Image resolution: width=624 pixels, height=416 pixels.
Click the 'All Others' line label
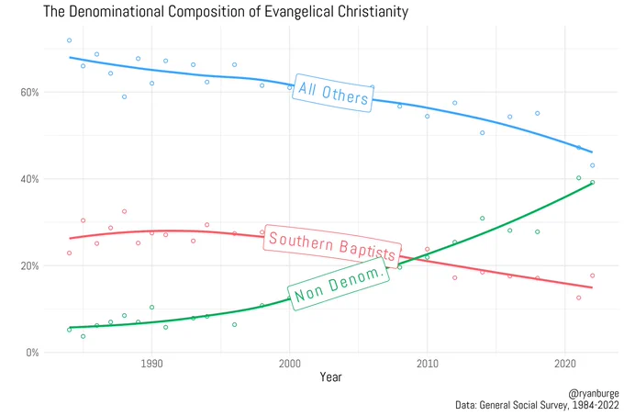tap(333, 93)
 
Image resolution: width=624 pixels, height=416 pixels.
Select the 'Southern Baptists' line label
tap(332, 246)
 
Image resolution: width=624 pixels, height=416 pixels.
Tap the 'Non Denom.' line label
tap(339, 284)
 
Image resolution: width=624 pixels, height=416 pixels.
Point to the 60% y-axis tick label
tap(29, 93)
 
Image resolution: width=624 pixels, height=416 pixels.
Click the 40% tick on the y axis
tap(29, 179)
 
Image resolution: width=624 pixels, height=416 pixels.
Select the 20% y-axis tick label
tap(29, 266)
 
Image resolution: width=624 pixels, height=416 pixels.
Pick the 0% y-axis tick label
tap(32, 353)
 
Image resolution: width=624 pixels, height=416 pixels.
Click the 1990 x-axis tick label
tap(151, 364)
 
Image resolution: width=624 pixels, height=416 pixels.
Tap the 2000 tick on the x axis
tap(290, 364)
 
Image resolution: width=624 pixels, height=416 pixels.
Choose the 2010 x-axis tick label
tap(428, 364)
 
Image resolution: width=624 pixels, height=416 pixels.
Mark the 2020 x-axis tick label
tap(565, 364)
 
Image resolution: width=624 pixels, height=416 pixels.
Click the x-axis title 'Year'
tap(330, 377)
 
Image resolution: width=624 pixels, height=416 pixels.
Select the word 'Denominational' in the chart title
tap(117, 11)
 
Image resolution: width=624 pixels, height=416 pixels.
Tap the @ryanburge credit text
tap(594, 394)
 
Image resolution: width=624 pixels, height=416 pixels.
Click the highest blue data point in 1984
tap(69, 40)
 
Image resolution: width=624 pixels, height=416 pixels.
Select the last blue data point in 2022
tap(593, 165)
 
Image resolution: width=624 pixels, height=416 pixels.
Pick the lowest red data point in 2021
tap(579, 298)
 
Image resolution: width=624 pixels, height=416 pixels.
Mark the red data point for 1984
tap(69, 253)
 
